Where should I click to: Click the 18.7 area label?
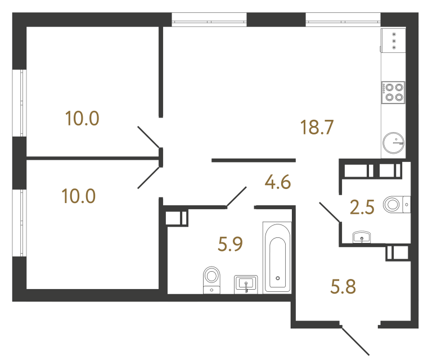[318, 128]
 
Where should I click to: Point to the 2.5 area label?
[362, 209]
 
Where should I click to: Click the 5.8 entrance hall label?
[343, 289]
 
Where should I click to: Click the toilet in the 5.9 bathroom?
[211, 278]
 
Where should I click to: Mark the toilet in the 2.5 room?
[395, 204]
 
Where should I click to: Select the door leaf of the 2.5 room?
[329, 212]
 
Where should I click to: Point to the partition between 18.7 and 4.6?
[253, 160]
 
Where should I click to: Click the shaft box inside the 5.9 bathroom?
[176, 218]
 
